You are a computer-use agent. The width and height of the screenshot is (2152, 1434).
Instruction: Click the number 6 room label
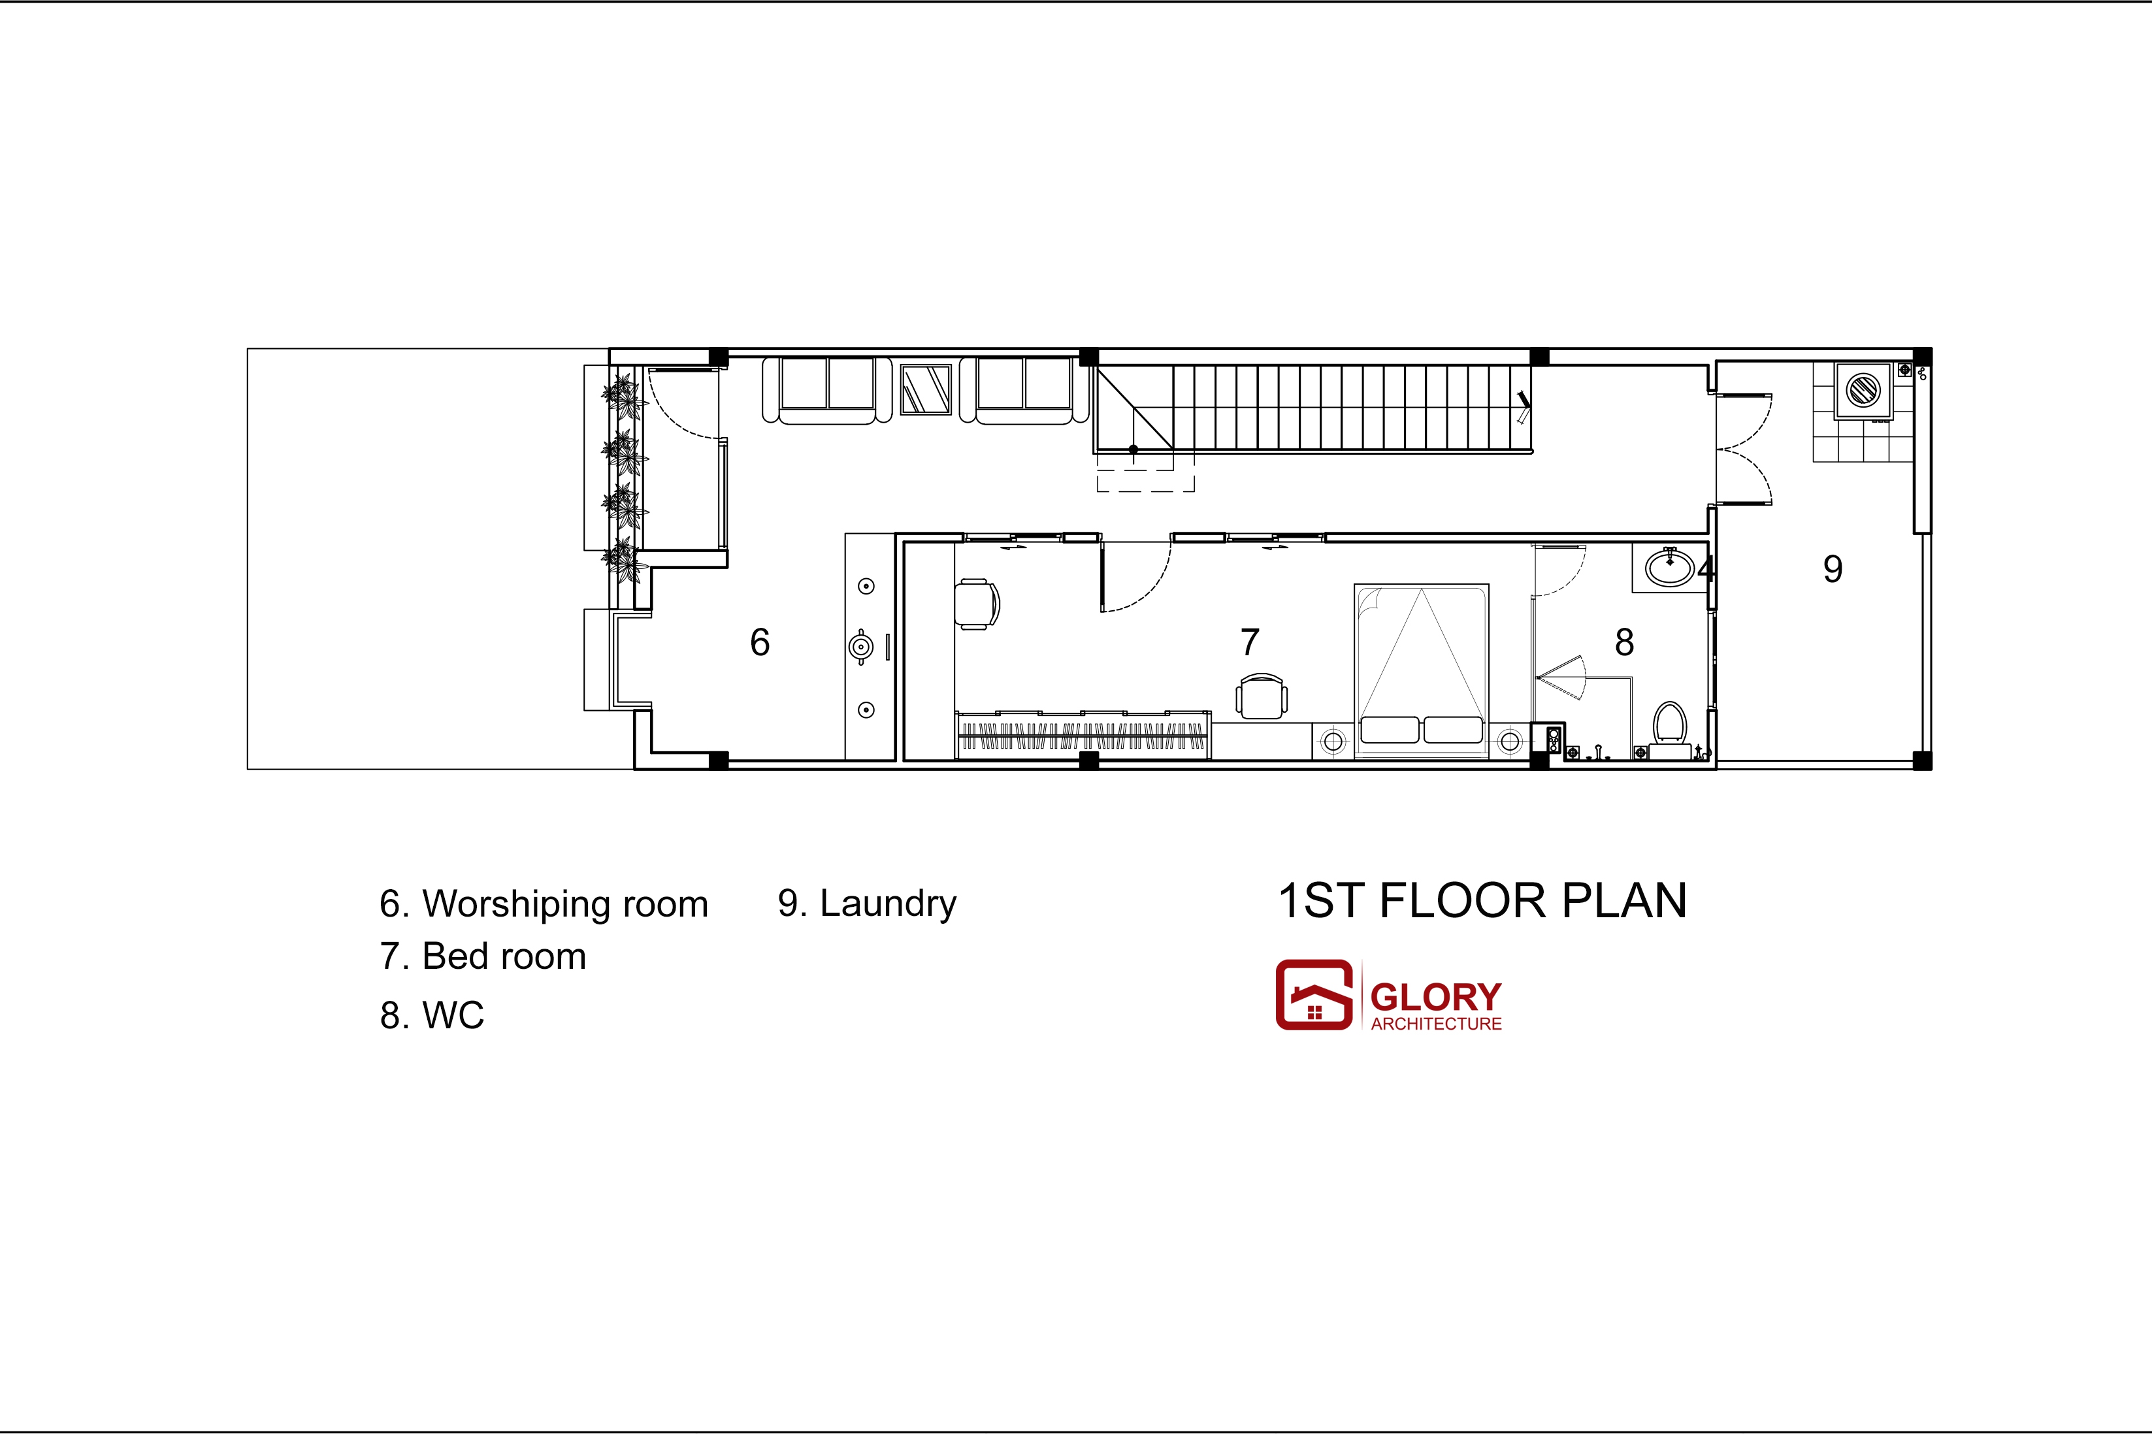[x=760, y=642]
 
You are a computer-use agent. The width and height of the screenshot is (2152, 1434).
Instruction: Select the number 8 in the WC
[x=1624, y=642]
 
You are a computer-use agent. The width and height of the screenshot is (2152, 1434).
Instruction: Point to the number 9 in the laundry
[x=1833, y=569]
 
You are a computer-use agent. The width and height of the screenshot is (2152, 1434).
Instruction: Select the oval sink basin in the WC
[x=1670, y=567]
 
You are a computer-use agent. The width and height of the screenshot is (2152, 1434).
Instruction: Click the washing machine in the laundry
[x=1863, y=391]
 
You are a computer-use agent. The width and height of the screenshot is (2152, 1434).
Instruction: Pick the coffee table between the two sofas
[x=926, y=389]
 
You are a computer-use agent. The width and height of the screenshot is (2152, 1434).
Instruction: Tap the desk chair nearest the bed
[x=1262, y=697]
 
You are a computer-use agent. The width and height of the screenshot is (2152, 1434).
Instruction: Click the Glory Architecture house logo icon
[x=1314, y=994]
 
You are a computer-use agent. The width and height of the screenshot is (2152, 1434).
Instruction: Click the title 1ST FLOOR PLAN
[x=1482, y=901]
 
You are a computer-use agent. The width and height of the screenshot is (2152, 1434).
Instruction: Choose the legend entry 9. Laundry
[x=867, y=904]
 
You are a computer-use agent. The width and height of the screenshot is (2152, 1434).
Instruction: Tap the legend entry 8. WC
[x=432, y=1015]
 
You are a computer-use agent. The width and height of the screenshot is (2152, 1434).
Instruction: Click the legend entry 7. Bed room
[x=483, y=956]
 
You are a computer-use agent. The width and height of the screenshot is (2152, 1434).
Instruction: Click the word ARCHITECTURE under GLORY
[x=1436, y=1024]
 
